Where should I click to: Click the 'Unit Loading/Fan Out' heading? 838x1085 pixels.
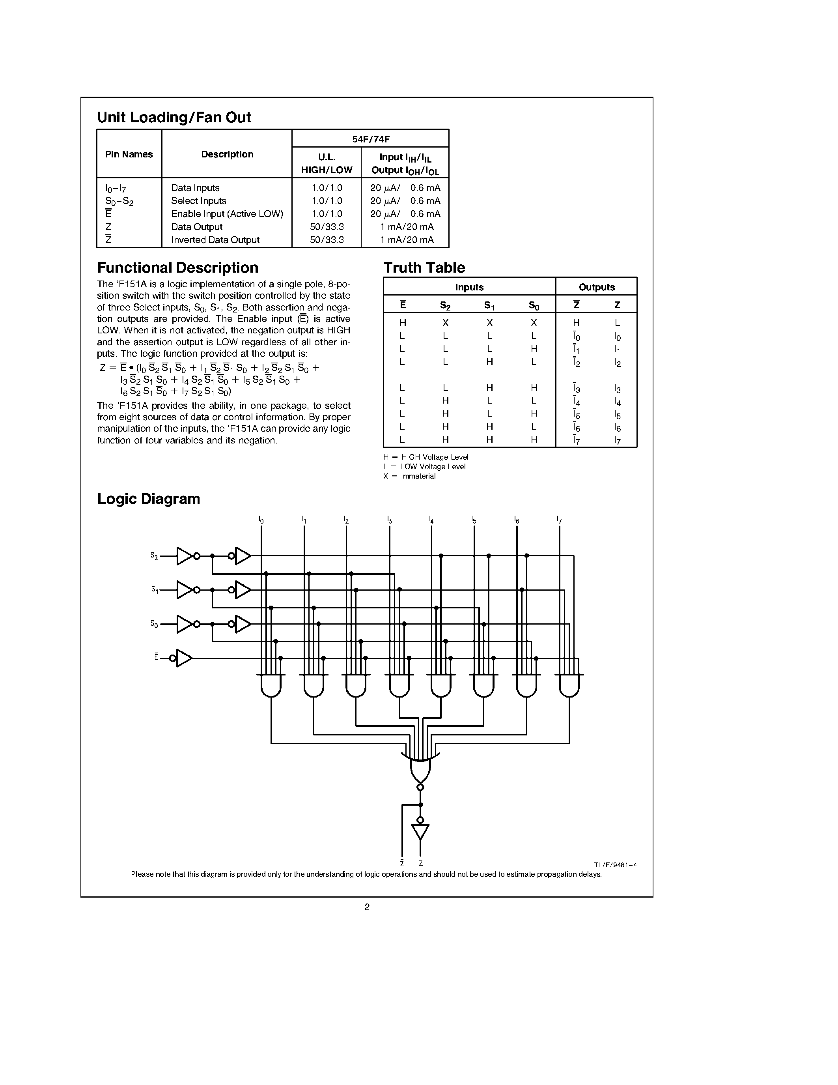tap(174, 117)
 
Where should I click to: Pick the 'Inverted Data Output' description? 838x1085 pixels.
tap(215, 240)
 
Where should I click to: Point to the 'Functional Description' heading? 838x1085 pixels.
tap(178, 268)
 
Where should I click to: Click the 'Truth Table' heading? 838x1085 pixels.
tap(424, 268)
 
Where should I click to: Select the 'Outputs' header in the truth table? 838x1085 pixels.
tap(597, 287)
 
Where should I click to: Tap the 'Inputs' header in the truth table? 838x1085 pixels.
tap(469, 287)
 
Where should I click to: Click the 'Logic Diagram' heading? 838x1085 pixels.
tap(148, 499)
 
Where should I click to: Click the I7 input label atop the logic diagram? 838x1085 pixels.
tap(559, 520)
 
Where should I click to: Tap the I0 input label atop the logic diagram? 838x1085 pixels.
tap(261, 520)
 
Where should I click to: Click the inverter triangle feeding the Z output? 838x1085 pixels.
tap(420, 832)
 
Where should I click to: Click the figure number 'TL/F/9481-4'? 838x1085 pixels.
tap(615, 865)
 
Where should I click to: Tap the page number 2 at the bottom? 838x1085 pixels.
tap(367, 907)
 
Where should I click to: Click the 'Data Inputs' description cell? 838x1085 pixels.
tap(195, 188)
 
